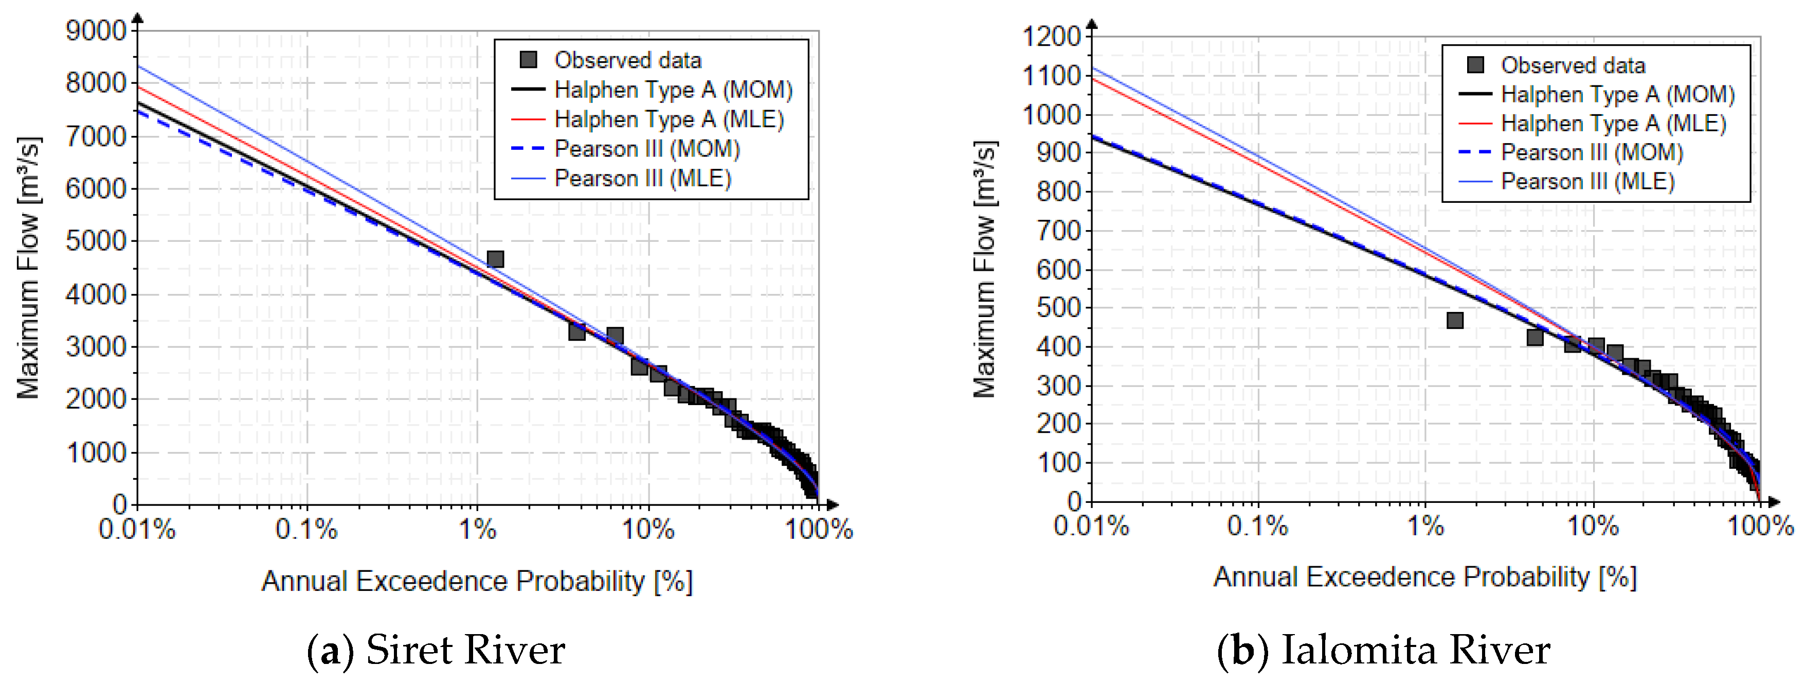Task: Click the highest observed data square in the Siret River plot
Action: click(495, 259)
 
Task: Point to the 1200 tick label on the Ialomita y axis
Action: click(1051, 37)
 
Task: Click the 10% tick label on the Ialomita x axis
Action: click(1593, 526)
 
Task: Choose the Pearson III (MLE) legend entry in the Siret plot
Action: click(642, 179)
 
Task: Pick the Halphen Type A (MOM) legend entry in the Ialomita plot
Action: click(1617, 94)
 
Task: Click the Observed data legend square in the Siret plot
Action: click(528, 60)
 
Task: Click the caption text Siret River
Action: click(465, 650)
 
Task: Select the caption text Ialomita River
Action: click(1415, 650)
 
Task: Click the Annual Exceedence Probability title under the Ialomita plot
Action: click(1424, 577)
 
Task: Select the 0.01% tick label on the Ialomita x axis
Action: click(1091, 526)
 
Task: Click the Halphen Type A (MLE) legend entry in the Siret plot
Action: click(669, 119)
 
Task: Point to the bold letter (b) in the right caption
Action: click(1242, 650)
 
